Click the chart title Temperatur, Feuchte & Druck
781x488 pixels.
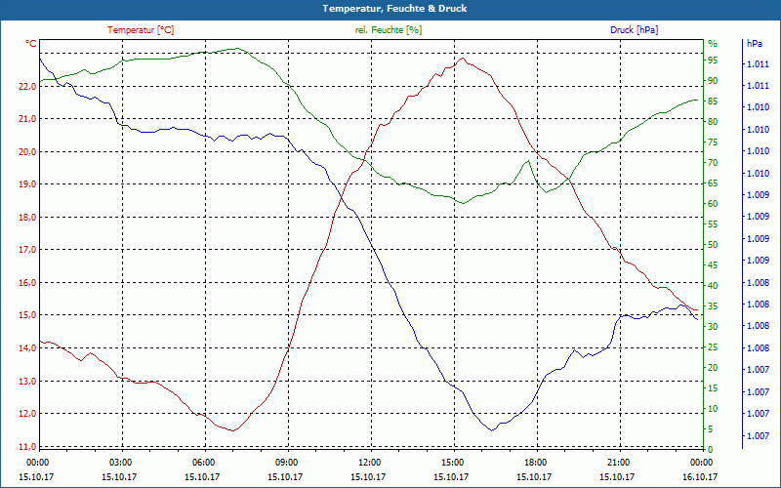tap(390, 8)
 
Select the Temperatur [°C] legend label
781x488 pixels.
tap(141, 30)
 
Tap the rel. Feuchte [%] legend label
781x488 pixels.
tap(389, 30)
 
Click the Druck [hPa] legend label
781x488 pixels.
tap(634, 30)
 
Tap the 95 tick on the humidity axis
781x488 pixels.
tap(713, 61)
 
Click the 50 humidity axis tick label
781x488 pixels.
tap(713, 245)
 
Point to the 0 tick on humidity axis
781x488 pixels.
tap(711, 449)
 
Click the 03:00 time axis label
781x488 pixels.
tap(121, 462)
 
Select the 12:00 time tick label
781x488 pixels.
tap(371, 462)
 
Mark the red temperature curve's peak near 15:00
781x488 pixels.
tap(463, 58)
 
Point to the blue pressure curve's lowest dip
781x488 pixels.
tap(492, 429)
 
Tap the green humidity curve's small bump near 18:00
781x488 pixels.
tap(528, 161)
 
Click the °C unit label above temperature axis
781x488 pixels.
tap(31, 44)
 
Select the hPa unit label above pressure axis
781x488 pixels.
tap(755, 44)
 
